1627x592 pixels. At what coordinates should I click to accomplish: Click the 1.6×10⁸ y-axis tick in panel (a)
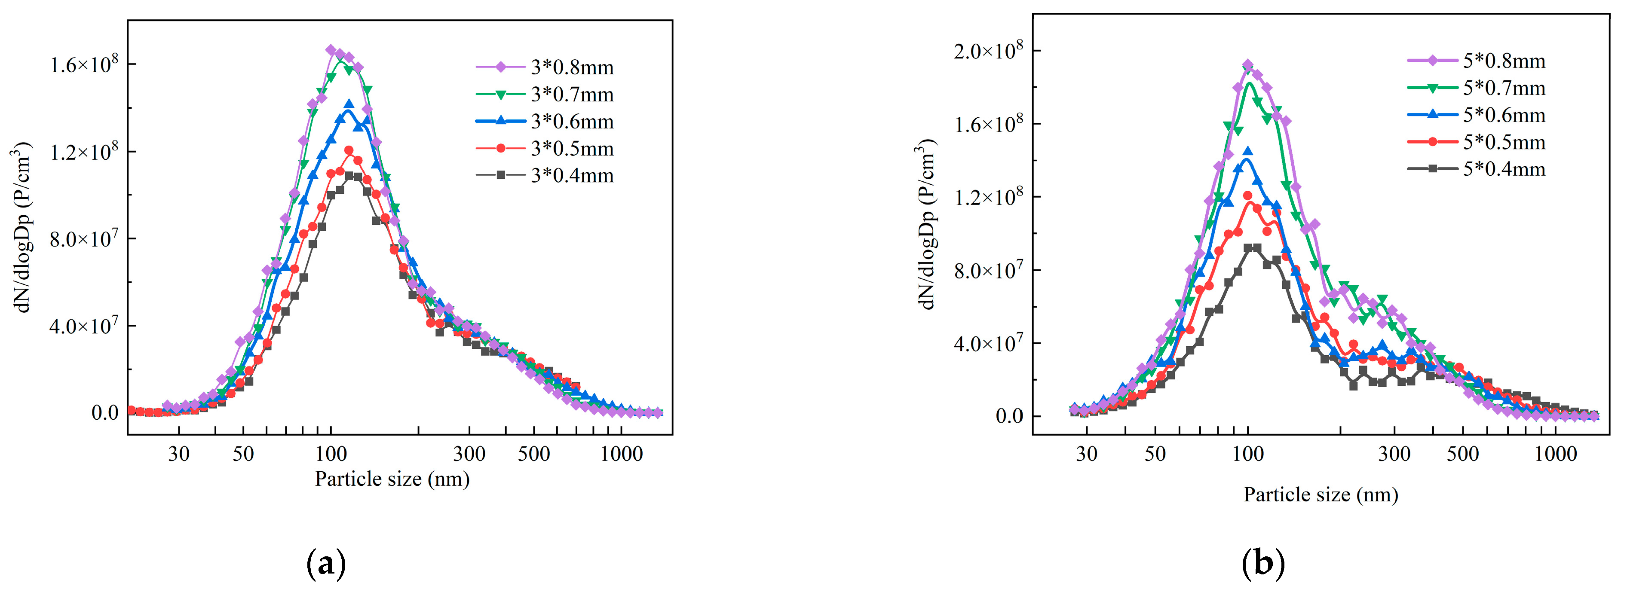[84, 64]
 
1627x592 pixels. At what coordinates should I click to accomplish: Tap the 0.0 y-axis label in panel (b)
[1009, 417]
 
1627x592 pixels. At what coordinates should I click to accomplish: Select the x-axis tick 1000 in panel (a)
[621, 454]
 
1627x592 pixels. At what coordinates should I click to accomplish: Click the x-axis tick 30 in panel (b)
[1086, 454]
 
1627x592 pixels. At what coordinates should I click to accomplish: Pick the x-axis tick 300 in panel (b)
[1394, 454]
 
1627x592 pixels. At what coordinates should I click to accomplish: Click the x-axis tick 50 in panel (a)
[242, 454]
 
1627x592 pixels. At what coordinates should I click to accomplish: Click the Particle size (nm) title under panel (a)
[392, 479]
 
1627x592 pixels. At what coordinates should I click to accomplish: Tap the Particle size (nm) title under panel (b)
[1321, 494]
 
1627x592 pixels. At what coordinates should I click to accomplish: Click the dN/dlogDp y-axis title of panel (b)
[925, 224]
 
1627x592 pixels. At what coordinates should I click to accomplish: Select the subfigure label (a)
[326, 564]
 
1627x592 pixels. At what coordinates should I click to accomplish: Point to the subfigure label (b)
[1263, 564]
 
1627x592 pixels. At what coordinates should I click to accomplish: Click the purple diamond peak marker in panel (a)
[330, 50]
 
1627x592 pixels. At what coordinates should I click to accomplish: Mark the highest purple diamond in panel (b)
[1247, 65]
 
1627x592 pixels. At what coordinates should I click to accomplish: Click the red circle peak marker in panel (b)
[1247, 195]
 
